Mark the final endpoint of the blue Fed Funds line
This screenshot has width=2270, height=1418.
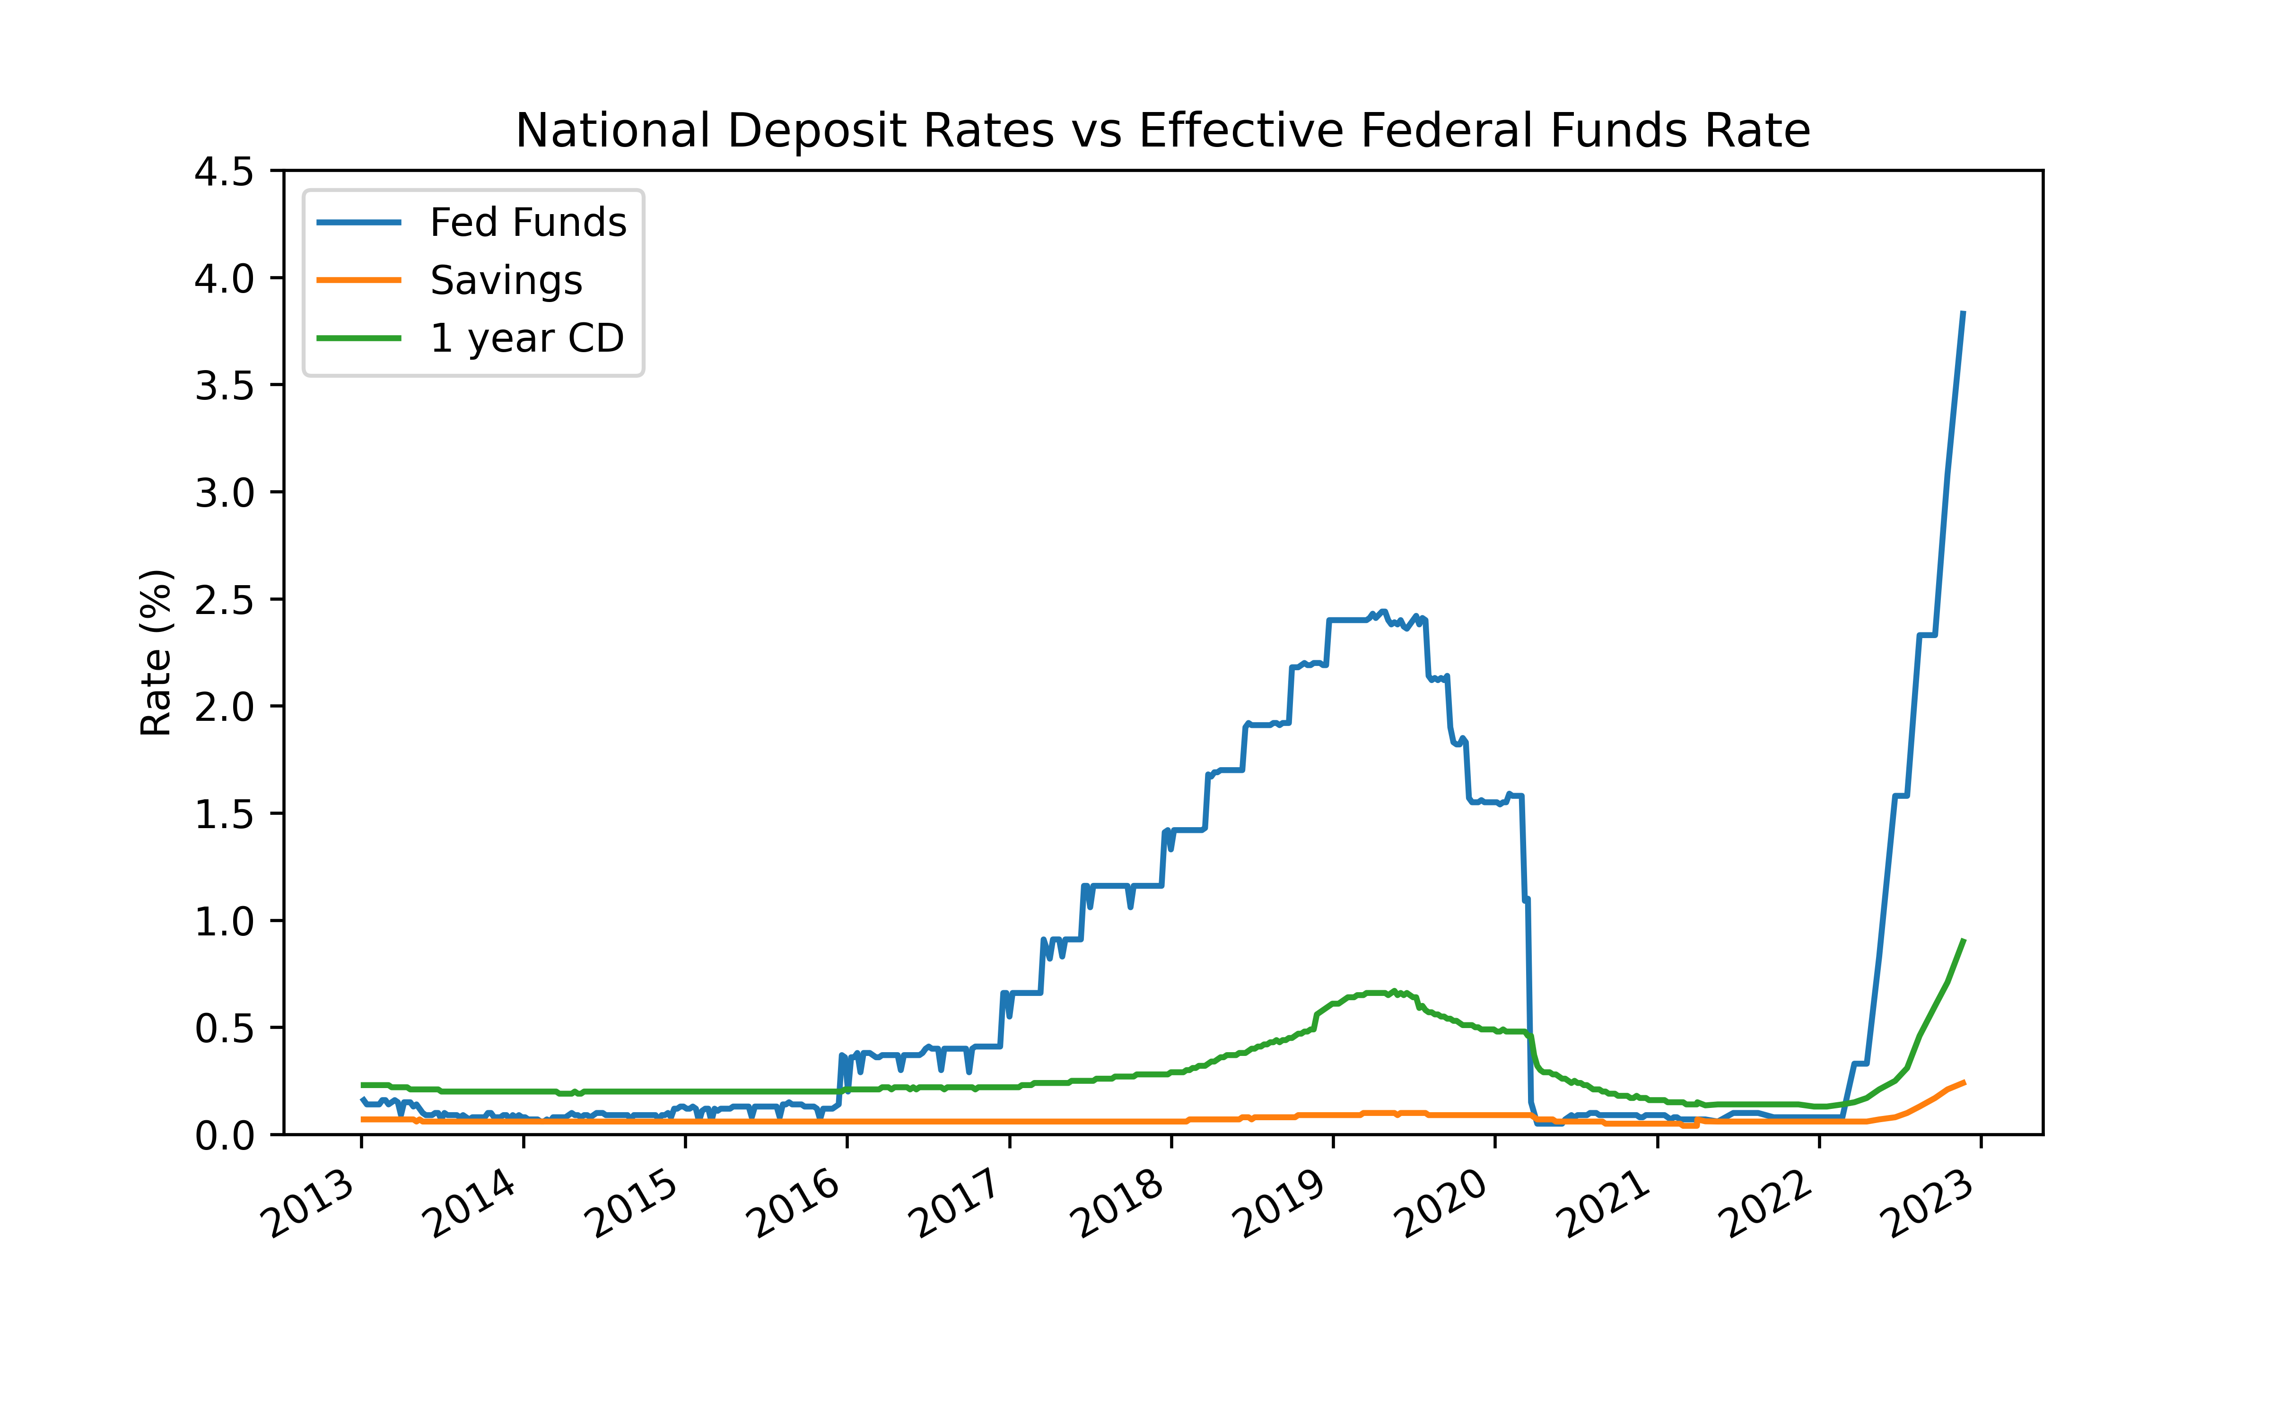coord(1963,312)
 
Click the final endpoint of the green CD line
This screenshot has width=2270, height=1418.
coord(1963,941)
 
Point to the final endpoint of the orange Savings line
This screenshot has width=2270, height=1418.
coord(1963,1082)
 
